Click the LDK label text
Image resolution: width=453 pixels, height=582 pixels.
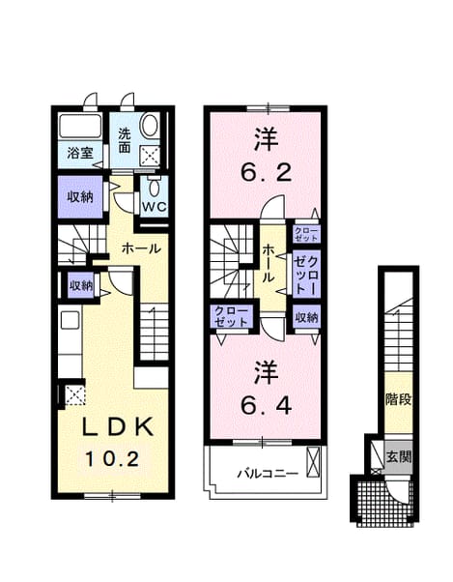(118, 427)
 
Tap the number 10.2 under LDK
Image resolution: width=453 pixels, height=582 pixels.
(112, 459)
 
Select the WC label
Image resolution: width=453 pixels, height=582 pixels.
(155, 206)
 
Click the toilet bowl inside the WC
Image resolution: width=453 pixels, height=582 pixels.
(154, 188)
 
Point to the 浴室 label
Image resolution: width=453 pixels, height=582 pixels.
(80, 154)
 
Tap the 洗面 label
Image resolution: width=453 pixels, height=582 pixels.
(125, 141)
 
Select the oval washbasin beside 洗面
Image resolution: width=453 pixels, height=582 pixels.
(151, 126)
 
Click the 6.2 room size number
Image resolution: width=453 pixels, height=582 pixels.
(266, 172)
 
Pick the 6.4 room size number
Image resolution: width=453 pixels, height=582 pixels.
(266, 406)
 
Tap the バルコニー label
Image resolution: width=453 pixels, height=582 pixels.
(268, 474)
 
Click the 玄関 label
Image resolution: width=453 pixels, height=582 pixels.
(399, 456)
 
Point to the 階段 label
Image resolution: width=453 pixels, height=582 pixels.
(399, 399)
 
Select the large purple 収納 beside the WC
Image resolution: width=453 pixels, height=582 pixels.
(80, 196)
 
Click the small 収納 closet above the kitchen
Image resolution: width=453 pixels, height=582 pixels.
(81, 285)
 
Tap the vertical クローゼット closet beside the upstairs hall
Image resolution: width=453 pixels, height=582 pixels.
(306, 275)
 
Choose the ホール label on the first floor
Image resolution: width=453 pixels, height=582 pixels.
(141, 248)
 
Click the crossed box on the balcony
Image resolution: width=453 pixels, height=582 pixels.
(313, 462)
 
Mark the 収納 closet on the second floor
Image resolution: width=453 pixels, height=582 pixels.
(306, 317)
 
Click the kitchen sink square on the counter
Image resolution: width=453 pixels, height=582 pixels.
(70, 320)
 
